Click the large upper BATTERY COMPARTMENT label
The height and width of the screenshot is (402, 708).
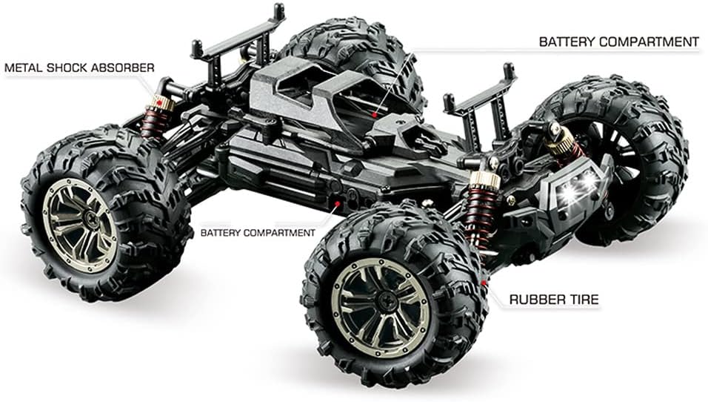click(x=618, y=42)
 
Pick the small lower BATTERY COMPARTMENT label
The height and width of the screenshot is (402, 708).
click(x=258, y=232)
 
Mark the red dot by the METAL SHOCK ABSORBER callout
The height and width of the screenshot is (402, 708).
click(x=158, y=101)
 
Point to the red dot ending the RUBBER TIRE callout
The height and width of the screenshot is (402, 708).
click(x=484, y=282)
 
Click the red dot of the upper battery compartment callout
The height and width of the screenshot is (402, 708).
click(x=376, y=115)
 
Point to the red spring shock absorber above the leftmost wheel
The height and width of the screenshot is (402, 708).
click(x=156, y=119)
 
